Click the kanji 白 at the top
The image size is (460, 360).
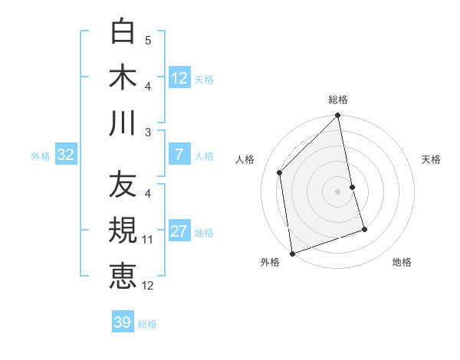(x=123, y=31)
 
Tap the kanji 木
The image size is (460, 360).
(x=123, y=77)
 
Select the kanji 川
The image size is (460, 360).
(x=123, y=123)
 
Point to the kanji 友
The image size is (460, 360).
(x=123, y=185)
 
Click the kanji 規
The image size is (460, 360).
(x=123, y=231)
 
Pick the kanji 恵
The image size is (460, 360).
(x=123, y=277)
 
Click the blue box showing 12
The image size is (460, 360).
(x=179, y=78)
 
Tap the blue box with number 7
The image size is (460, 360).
(x=179, y=155)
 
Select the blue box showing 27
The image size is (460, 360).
(x=179, y=231)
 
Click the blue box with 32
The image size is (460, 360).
(x=66, y=155)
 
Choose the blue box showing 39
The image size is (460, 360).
(x=123, y=322)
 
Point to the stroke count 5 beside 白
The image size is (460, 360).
(x=147, y=40)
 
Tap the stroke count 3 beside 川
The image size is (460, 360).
(x=147, y=133)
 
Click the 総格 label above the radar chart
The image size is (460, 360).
(x=338, y=100)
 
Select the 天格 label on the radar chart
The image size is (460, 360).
(x=431, y=159)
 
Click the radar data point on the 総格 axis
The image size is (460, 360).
(x=338, y=116)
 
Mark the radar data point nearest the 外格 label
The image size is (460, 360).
(x=292, y=253)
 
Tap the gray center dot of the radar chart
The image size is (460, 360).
(x=338, y=191)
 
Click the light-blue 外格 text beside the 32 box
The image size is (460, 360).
(x=41, y=156)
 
